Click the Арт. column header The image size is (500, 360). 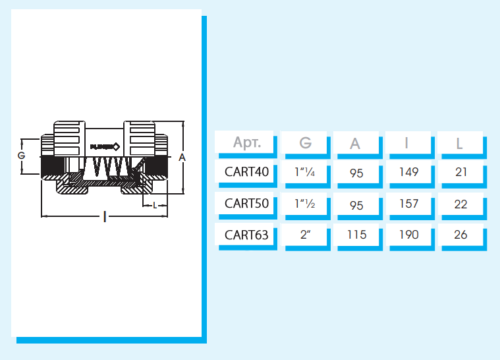[x=247, y=142]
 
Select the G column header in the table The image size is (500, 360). [x=305, y=143]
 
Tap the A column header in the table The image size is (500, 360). [x=355, y=144]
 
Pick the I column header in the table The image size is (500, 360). [x=406, y=143]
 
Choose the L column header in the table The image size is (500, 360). [x=459, y=144]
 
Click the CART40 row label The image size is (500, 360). [x=246, y=172]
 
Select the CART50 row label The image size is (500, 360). [x=246, y=203]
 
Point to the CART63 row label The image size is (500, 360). [x=246, y=235]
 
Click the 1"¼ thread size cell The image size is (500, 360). [x=305, y=172]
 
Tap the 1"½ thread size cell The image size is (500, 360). [x=305, y=203]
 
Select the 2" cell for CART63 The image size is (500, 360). [x=305, y=235]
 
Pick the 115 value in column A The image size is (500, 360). [x=357, y=235]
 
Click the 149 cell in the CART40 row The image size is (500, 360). [x=409, y=172]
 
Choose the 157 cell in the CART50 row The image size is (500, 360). [x=409, y=203]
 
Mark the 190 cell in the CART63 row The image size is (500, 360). [x=409, y=235]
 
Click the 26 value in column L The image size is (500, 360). [x=461, y=235]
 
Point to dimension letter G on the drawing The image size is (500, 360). [x=21, y=155]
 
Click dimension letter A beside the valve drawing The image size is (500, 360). [x=182, y=157]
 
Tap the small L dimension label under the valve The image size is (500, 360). [x=155, y=205]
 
